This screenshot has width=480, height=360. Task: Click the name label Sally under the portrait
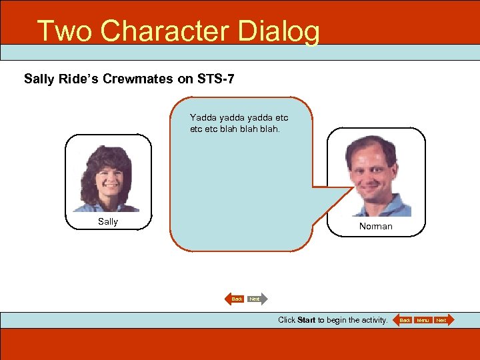pos(107,221)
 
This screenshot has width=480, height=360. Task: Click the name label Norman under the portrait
pos(375,227)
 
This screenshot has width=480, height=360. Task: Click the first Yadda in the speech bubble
pos(203,117)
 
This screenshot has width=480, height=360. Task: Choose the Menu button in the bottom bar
pos(423,321)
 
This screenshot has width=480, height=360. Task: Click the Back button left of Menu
pos(404,321)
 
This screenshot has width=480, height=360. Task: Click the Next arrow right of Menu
pos(442,321)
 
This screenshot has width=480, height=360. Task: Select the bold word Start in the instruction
pos(306,320)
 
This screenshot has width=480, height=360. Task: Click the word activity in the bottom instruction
pos(371,320)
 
